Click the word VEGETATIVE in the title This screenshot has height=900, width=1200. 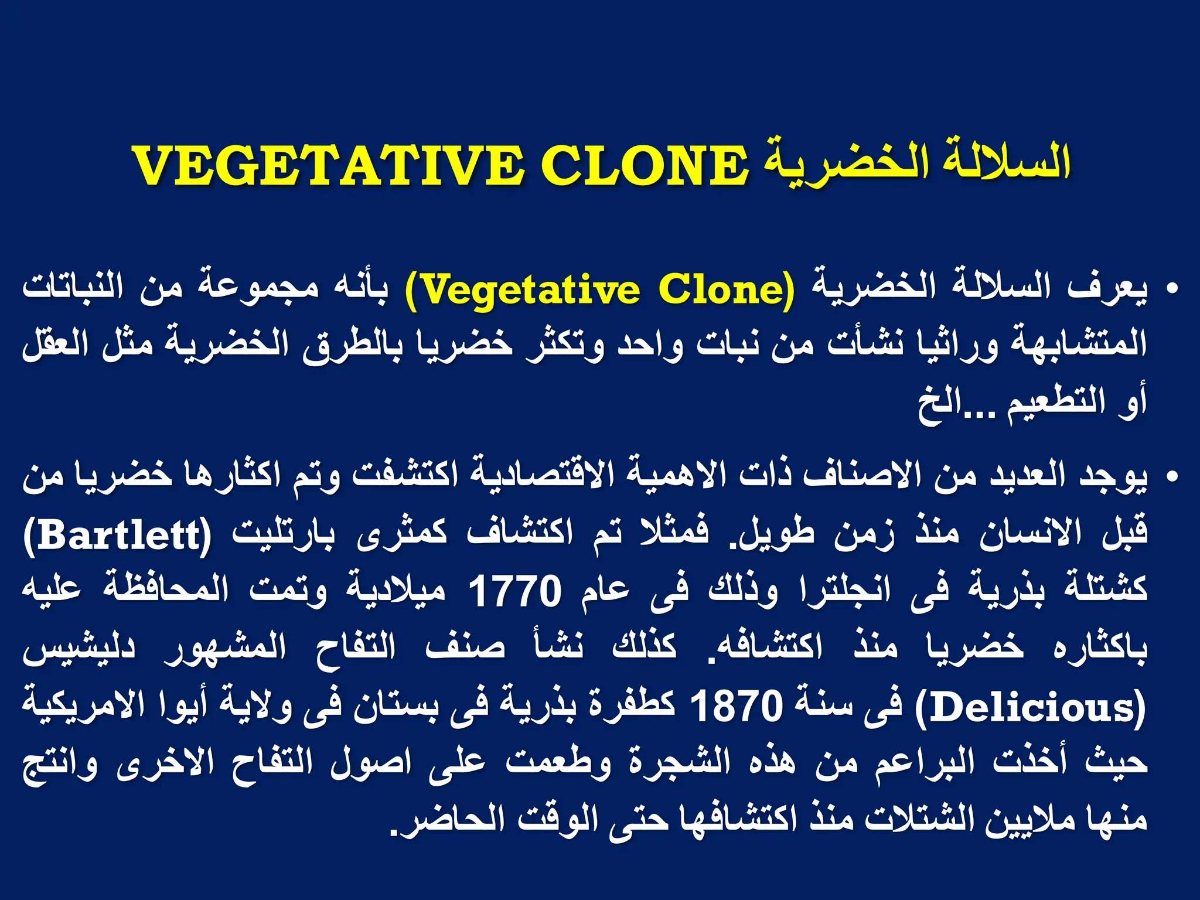[x=328, y=166]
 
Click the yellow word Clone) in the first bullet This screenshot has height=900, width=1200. [x=727, y=289]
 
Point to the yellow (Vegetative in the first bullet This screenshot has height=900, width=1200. [x=521, y=289]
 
